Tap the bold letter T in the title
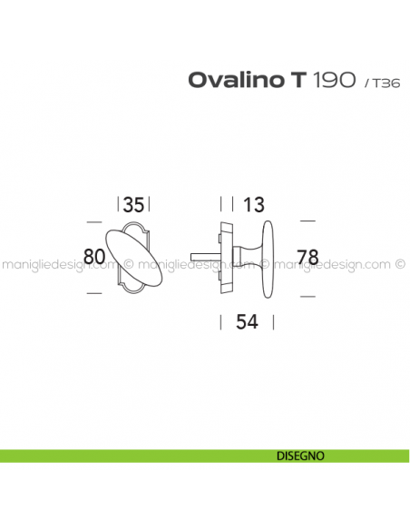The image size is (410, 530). click(x=298, y=80)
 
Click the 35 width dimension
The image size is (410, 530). click(x=133, y=205)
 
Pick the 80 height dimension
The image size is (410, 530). click(x=93, y=257)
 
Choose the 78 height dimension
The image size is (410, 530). click(x=308, y=257)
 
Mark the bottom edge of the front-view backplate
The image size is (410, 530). click(x=134, y=293)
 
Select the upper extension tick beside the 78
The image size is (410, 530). click(x=307, y=221)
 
